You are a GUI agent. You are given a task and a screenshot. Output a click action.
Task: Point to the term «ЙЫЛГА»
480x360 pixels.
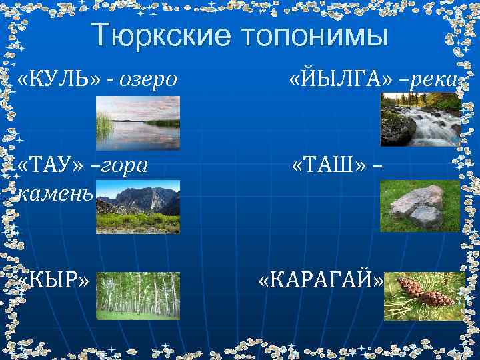[x=337, y=81]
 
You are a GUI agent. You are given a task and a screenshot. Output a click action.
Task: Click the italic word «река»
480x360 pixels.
[x=434, y=81]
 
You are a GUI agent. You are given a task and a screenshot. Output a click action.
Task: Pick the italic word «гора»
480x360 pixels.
[x=124, y=165]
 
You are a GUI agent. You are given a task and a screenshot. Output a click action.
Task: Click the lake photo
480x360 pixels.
[x=138, y=123]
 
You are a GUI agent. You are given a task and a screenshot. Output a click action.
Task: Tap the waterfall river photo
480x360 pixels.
[x=421, y=119]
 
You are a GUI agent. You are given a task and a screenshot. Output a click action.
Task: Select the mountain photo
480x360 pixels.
[x=138, y=207]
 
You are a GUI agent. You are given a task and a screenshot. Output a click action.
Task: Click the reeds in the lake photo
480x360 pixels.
[x=104, y=123]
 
